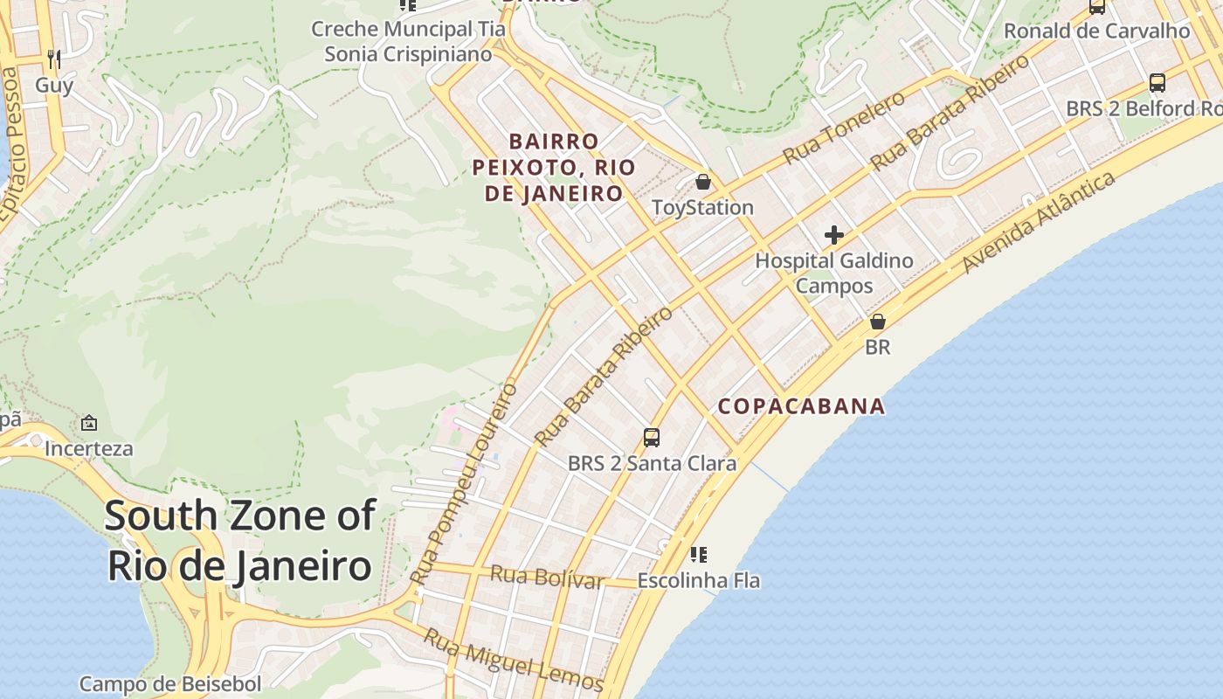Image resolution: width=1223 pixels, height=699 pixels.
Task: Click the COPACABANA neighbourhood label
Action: click(x=801, y=406)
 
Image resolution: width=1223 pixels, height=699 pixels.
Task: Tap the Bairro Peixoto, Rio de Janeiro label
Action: click(x=555, y=168)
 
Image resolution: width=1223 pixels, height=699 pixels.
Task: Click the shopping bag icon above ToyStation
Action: click(x=703, y=182)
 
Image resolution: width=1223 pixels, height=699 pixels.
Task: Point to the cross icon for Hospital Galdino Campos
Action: click(x=834, y=234)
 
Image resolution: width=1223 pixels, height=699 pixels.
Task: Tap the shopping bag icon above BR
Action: click(x=878, y=322)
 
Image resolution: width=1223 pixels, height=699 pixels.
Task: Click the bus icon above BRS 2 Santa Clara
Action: click(x=652, y=437)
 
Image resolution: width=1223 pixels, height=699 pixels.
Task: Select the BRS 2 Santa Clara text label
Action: click(x=652, y=463)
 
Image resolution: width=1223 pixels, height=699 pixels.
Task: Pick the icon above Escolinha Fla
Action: click(x=698, y=554)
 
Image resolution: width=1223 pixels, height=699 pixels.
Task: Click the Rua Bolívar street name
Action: click(x=547, y=577)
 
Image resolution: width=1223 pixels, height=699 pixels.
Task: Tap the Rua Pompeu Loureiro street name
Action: click(x=464, y=485)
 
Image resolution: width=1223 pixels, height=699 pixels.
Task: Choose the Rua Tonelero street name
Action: click(x=844, y=128)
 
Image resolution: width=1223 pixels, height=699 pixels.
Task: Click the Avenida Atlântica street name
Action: click(x=1039, y=222)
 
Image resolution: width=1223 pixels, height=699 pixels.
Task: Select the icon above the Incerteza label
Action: click(x=89, y=424)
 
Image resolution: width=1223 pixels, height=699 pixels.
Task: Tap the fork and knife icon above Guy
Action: click(x=54, y=59)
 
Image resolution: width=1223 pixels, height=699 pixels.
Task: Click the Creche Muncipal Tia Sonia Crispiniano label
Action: click(x=408, y=41)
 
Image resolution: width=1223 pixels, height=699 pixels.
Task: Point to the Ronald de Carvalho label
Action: click(x=1096, y=31)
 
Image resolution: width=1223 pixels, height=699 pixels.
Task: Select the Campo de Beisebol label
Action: click(x=170, y=683)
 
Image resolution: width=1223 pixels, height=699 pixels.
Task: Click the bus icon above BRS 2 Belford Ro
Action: click(x=1157, y=83)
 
